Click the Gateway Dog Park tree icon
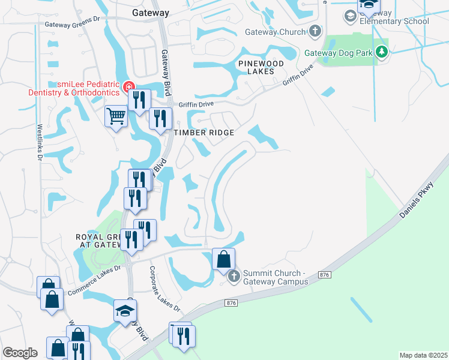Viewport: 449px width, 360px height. (381, 52)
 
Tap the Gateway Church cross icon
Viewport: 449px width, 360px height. (316, 31)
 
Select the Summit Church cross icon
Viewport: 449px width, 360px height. (234, 277)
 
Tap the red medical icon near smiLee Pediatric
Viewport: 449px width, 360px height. (128, 88)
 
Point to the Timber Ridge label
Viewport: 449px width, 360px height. (203, 133)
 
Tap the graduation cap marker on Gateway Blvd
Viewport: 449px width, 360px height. (125, 311)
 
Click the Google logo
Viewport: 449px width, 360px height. (20, 353)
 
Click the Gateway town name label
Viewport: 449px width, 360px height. (151, 12)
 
